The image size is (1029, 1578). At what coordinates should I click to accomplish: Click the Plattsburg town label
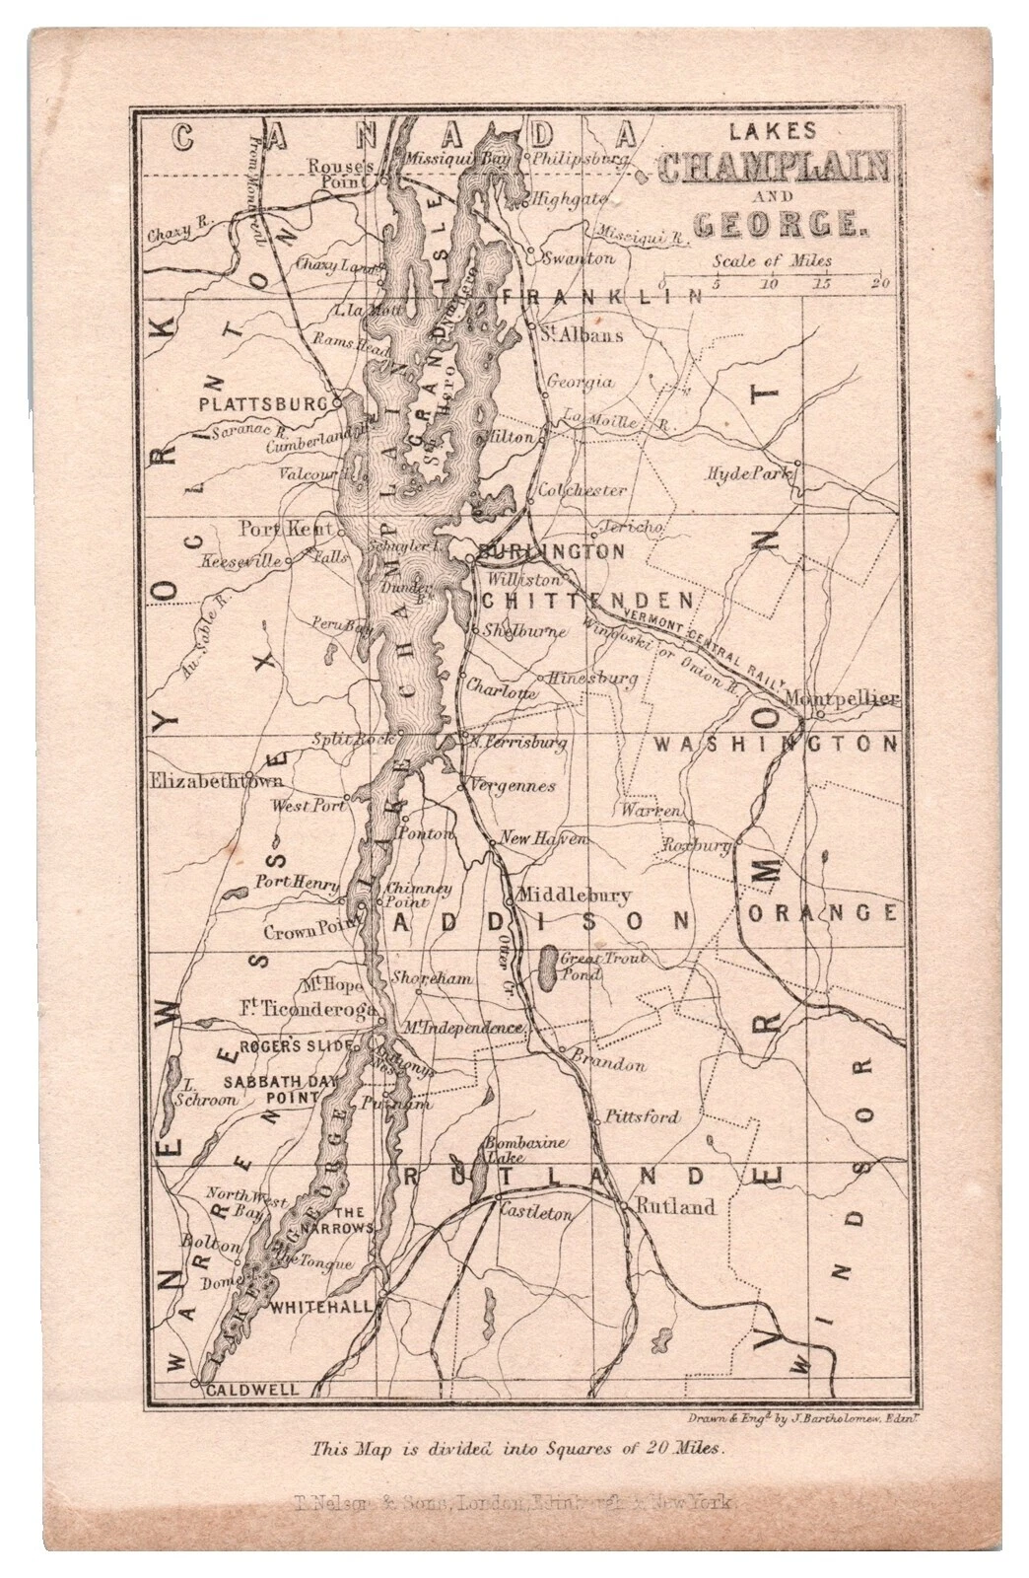pos(262,403)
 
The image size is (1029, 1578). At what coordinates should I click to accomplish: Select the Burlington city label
pos(552,551)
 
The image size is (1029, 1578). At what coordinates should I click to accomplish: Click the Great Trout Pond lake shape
pos(546,968)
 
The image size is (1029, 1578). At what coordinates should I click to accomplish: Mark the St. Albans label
pos(582,334)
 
